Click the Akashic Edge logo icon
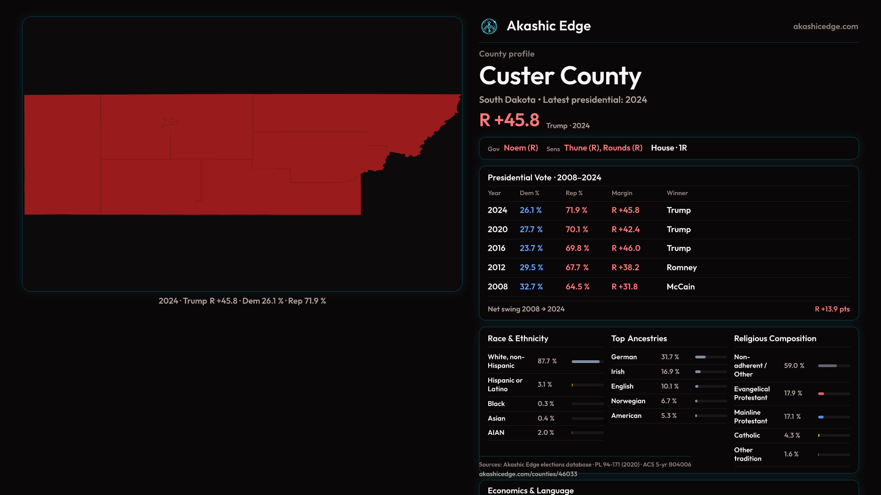[x=489, y=27]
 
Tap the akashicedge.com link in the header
[x=825, y=27]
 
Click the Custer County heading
[x=560, y=76]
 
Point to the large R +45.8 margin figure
[x=509, y=120]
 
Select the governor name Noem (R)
[x=521, y=148]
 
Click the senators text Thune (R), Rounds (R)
[x=603, y=148]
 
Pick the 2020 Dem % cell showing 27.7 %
[x=531, y=229]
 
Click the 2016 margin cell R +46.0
[x=626, y=248]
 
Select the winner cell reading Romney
[x=681, y=267]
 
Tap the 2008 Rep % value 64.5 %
[x=577, y=286]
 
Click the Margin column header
[x=622, y=193]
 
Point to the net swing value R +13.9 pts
[x=832, y=309]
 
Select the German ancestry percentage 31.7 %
[x=670, y=357]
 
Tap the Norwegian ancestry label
[x=628, y=401]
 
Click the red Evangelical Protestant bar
[x=821, y=394]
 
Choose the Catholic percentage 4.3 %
[x=792, y=435]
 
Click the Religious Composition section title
[x=775, y=339]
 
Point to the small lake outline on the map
[x=169, y=122]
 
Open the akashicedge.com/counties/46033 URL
[x=528, y=474]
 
